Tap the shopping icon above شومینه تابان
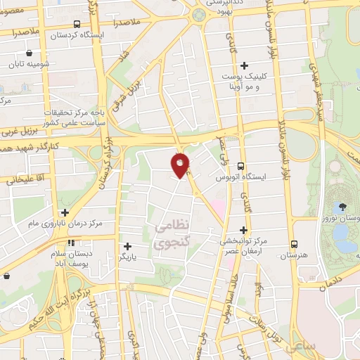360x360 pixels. pyautogui.click(x=28, y=53)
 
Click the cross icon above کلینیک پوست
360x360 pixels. pyautogui.click(x=244, y=65)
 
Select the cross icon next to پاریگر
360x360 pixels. pyautogui.click(x=127, y=246)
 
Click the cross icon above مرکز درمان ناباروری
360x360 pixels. pyautogui.click(x=65, y=212)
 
